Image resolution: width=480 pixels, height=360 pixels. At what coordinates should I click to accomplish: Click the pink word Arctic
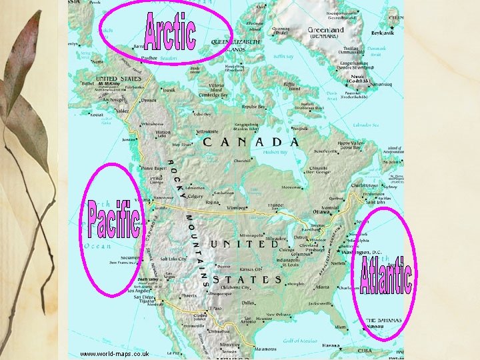click(x=170, y=31)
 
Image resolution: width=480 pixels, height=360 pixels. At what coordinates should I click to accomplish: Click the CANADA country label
click(x=251, y=142)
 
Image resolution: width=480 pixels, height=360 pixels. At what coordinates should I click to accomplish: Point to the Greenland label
click(x=326, y=30)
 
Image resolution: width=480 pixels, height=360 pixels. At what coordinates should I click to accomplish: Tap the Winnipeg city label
click(x=227, y=207)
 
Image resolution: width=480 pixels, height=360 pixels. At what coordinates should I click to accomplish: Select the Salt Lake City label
click(x=173, y=259)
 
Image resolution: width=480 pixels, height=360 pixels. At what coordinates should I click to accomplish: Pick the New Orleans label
click(x=279, y=314)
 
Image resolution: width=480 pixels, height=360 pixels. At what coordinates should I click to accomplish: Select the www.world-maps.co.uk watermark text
click(x=114, y=353)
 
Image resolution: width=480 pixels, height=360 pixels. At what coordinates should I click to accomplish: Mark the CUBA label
click(x=365, y=350)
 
